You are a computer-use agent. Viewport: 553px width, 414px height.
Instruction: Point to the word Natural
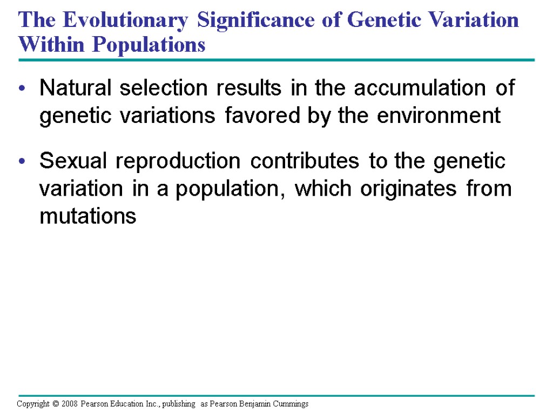[77, 88]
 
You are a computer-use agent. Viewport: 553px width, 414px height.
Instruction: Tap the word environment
[439, 115]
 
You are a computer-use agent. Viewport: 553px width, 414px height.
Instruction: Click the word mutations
[88, 217]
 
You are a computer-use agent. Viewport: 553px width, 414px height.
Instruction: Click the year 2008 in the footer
[70, 404]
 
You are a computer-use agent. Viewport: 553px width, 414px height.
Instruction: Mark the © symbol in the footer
[55, 404]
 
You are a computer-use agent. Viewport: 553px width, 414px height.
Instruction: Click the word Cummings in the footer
[290, 404]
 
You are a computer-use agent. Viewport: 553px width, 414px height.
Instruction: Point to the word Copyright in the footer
[33, 404]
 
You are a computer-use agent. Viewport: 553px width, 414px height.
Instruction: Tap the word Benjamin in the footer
[255, 404]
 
